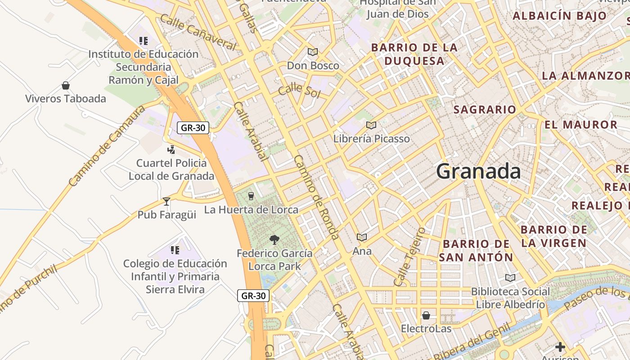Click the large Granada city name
pos(478,171)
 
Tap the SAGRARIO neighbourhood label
pos(485,109)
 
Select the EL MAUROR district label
pos(580,125)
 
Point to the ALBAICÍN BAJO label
pos(560,16)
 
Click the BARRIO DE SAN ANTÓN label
pos(476,251)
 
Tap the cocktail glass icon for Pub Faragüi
pos(166,201)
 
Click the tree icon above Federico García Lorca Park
pos(274,239)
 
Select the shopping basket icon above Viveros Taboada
pos(66,85)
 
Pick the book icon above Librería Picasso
pos(371,125)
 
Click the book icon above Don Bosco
pos(313,52)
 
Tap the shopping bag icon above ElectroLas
pos(426,315)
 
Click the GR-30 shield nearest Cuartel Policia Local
pos(193,128)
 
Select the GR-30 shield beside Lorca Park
pos(253,296)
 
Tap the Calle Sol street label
pos(299,90)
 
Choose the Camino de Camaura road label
pos(107,146)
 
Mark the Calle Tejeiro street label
pos(409,257)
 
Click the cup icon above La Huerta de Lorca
pos(251,196)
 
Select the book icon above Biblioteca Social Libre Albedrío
pos(510,278)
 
